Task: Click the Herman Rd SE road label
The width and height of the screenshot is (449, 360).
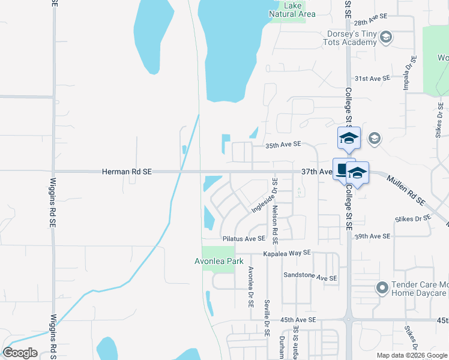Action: [x=127, y=172]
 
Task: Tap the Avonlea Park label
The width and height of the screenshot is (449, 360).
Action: [x=219, y=261]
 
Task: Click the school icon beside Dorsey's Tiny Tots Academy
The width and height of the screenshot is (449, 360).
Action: [x=386, y=38]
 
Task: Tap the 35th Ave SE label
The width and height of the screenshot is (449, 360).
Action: [x=283, y=145]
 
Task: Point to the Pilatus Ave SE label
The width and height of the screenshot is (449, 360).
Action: [x=244, y=239]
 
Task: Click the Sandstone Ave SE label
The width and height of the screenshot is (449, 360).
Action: [x=310, y=278]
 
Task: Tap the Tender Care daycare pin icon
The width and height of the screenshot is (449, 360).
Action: [x=382, y=288]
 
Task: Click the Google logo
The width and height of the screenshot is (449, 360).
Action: [x=20, y=352]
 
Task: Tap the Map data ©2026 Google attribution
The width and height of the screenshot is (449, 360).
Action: [x=412, y=355]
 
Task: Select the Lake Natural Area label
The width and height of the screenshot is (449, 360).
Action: [x=292, y=10]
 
